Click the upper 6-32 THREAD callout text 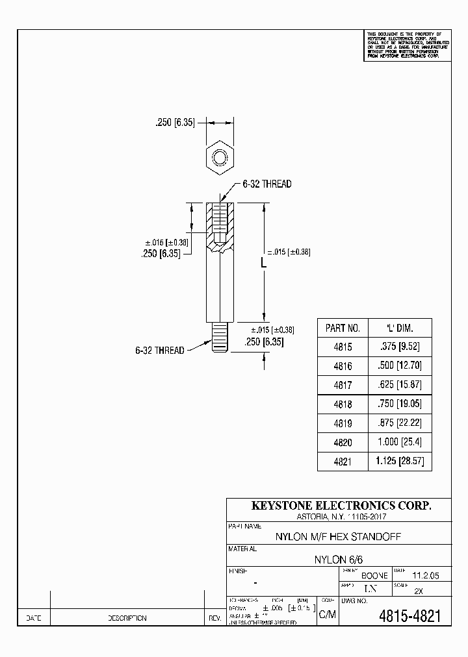267,184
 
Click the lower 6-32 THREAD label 159,350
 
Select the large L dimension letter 264,264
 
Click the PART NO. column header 342,328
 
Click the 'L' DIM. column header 399,328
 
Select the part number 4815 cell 342,347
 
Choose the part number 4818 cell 342,403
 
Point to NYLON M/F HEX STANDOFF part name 338,538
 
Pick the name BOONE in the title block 374,576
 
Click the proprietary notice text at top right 407,45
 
